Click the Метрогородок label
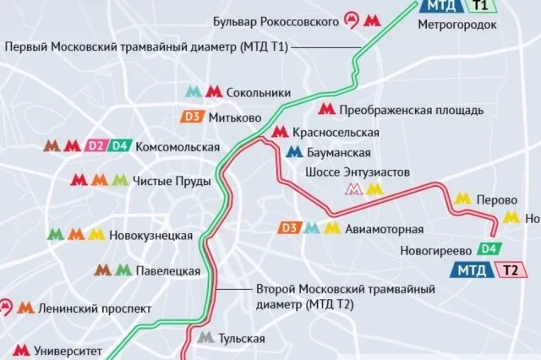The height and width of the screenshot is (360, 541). tap(457, 25)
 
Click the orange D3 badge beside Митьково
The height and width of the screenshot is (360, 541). tap(191, 117)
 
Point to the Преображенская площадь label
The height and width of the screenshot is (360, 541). tap(411, 110)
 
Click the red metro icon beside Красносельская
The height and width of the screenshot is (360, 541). tap(281, 132)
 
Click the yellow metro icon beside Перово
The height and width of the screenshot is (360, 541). tap(462, 199)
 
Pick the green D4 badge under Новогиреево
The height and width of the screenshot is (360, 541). tap(488, 249)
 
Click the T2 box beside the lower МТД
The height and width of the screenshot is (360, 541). tap(510, 270)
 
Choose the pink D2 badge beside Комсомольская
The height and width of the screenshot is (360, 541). tap(95, 145)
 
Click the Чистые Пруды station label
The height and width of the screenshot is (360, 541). tap(166, 180)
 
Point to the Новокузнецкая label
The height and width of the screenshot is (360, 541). tap(151, 235)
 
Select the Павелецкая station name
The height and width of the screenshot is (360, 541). tap(168, 271)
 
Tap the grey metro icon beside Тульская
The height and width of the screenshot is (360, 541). tap(205, 339)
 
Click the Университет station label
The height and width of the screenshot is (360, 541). tap(70, 349)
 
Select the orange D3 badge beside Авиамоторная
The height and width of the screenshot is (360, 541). tap(290, 228)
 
